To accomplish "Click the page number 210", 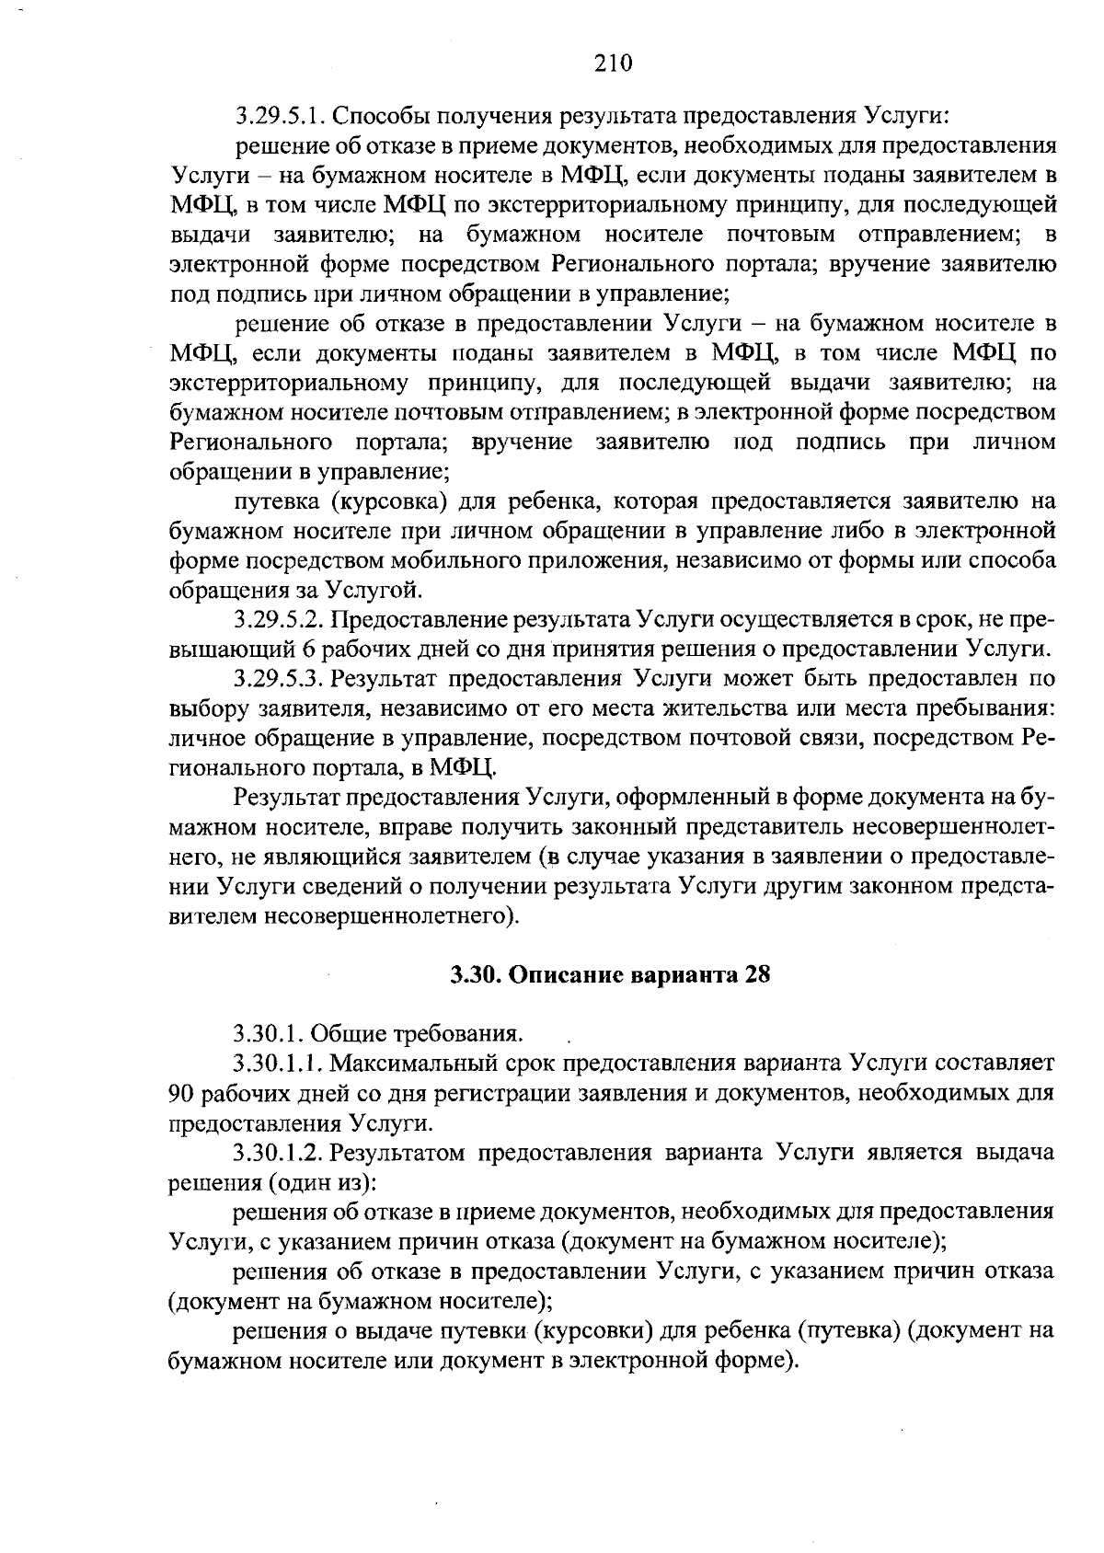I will pyautogui.click(x=614, y=63).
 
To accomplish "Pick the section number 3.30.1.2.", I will pyautogui.click(x=278, y=1153).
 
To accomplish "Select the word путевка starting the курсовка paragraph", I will pyautogui.click(x=278, y=501).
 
